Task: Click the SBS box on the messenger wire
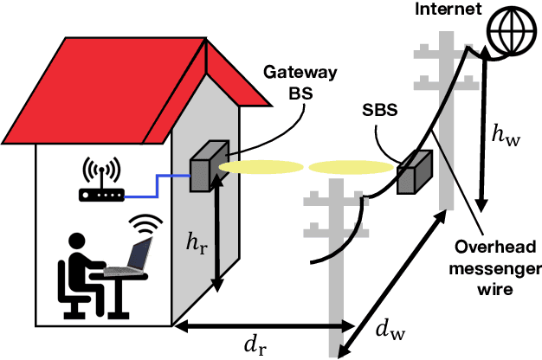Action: [413, 173]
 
